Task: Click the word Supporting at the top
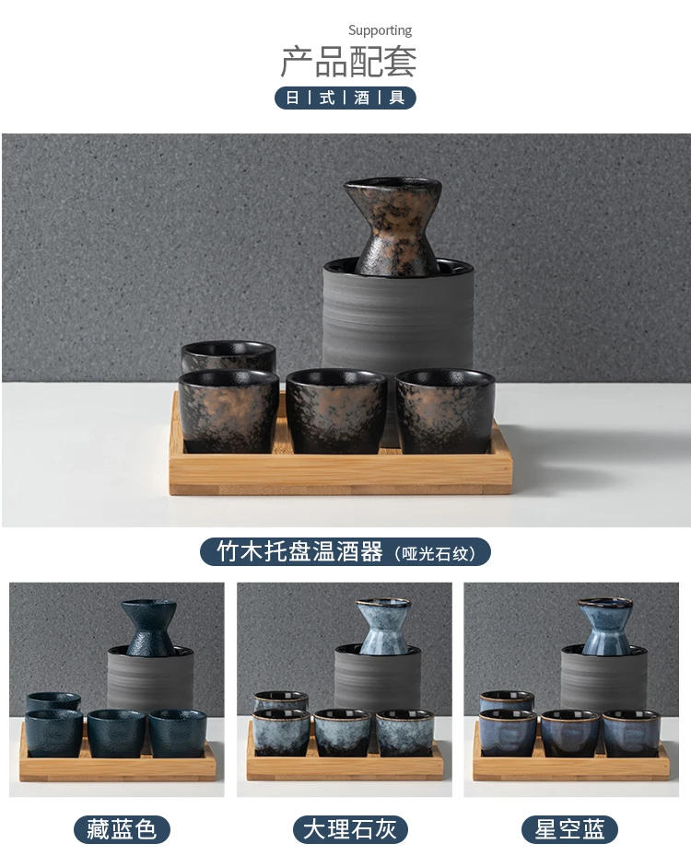[x=380, y=30]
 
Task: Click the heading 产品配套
[x=348, y=62]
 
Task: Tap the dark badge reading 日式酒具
[x=345, y=98]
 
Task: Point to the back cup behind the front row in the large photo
[x=228, y=355]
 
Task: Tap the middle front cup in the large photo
[x=335, y=410]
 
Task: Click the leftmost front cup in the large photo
[x=228, y=410]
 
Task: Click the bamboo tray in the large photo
[x=341, y=474]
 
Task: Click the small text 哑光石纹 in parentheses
[x=438, y=553]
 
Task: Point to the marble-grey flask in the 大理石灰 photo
[x=383, y=625]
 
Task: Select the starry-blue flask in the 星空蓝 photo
[x=605, y=625]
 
